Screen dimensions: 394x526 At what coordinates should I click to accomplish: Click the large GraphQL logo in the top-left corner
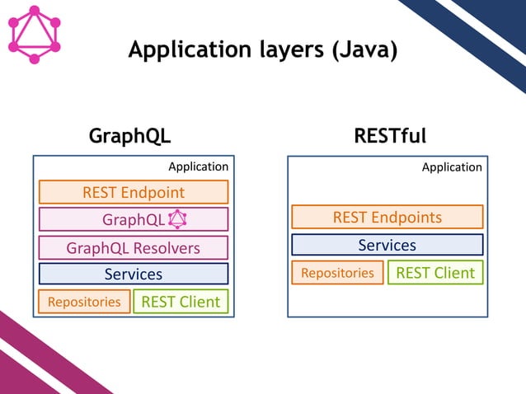point(34,34)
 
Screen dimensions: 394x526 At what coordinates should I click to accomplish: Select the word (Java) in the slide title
point(364,51)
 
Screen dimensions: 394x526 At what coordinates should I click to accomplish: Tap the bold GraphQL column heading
point(129,136)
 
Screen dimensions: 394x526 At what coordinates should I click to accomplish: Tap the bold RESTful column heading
point(386,136)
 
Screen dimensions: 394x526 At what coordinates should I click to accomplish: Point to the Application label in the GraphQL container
point(198,167)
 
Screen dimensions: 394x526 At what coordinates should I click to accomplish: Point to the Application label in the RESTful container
point(452,167)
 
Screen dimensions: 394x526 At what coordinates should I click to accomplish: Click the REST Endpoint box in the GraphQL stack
point(134,192)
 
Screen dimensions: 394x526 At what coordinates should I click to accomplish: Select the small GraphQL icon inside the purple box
point(177,219)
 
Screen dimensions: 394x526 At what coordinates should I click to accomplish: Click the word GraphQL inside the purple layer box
point(133,220)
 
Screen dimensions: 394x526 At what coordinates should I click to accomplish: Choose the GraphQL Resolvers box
point(134,247)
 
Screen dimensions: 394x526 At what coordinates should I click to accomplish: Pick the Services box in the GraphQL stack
point(134,274)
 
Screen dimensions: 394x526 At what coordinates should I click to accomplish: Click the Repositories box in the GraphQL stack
point(84,302)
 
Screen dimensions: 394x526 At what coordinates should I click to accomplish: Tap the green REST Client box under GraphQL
point(181,302)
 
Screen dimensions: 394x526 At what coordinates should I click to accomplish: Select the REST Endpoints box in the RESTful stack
point(387,218)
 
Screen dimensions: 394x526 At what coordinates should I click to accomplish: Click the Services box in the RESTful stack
point(387,245)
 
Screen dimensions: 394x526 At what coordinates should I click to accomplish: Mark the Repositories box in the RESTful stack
point(337,273)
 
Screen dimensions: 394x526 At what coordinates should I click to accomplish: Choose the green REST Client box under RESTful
point(435,273)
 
